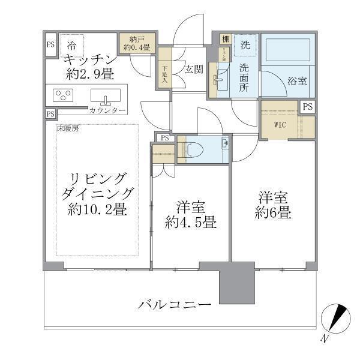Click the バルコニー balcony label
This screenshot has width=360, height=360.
[175, 304]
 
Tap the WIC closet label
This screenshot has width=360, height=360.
[280, 125]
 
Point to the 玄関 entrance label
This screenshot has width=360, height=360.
[193, 68]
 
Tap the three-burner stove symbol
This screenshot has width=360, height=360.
[62, 96]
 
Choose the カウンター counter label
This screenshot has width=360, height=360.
[107, 112]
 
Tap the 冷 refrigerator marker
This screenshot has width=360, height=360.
[71, 44]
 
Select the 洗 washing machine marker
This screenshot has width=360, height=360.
[245, 45]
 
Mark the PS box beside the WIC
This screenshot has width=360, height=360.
[307, 107]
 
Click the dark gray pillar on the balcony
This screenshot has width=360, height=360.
[233, 283]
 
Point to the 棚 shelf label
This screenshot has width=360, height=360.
[226, 39]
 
